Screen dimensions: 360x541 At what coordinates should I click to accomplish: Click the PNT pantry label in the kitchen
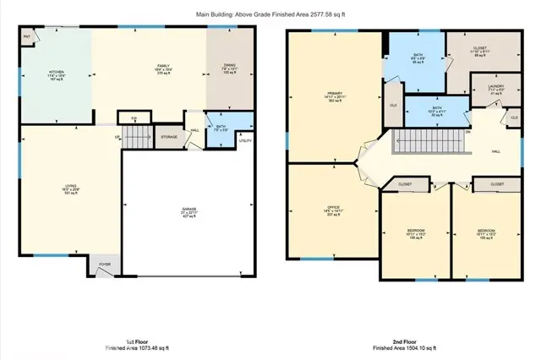[x=26, y=37]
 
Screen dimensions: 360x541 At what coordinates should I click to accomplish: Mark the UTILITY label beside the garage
[x=246, y=140]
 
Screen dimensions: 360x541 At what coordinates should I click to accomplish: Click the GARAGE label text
[x=189, y=210]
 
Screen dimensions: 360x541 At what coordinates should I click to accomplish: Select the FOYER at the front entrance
[x=104, y=263]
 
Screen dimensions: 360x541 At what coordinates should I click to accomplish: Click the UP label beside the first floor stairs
[x=117, y=137]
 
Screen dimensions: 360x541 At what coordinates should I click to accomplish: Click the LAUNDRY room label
[x=486, y=88]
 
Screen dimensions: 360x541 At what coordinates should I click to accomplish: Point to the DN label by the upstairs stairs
[x=468, y=133]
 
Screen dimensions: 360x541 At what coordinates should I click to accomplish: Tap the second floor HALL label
[x=495, y=153]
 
